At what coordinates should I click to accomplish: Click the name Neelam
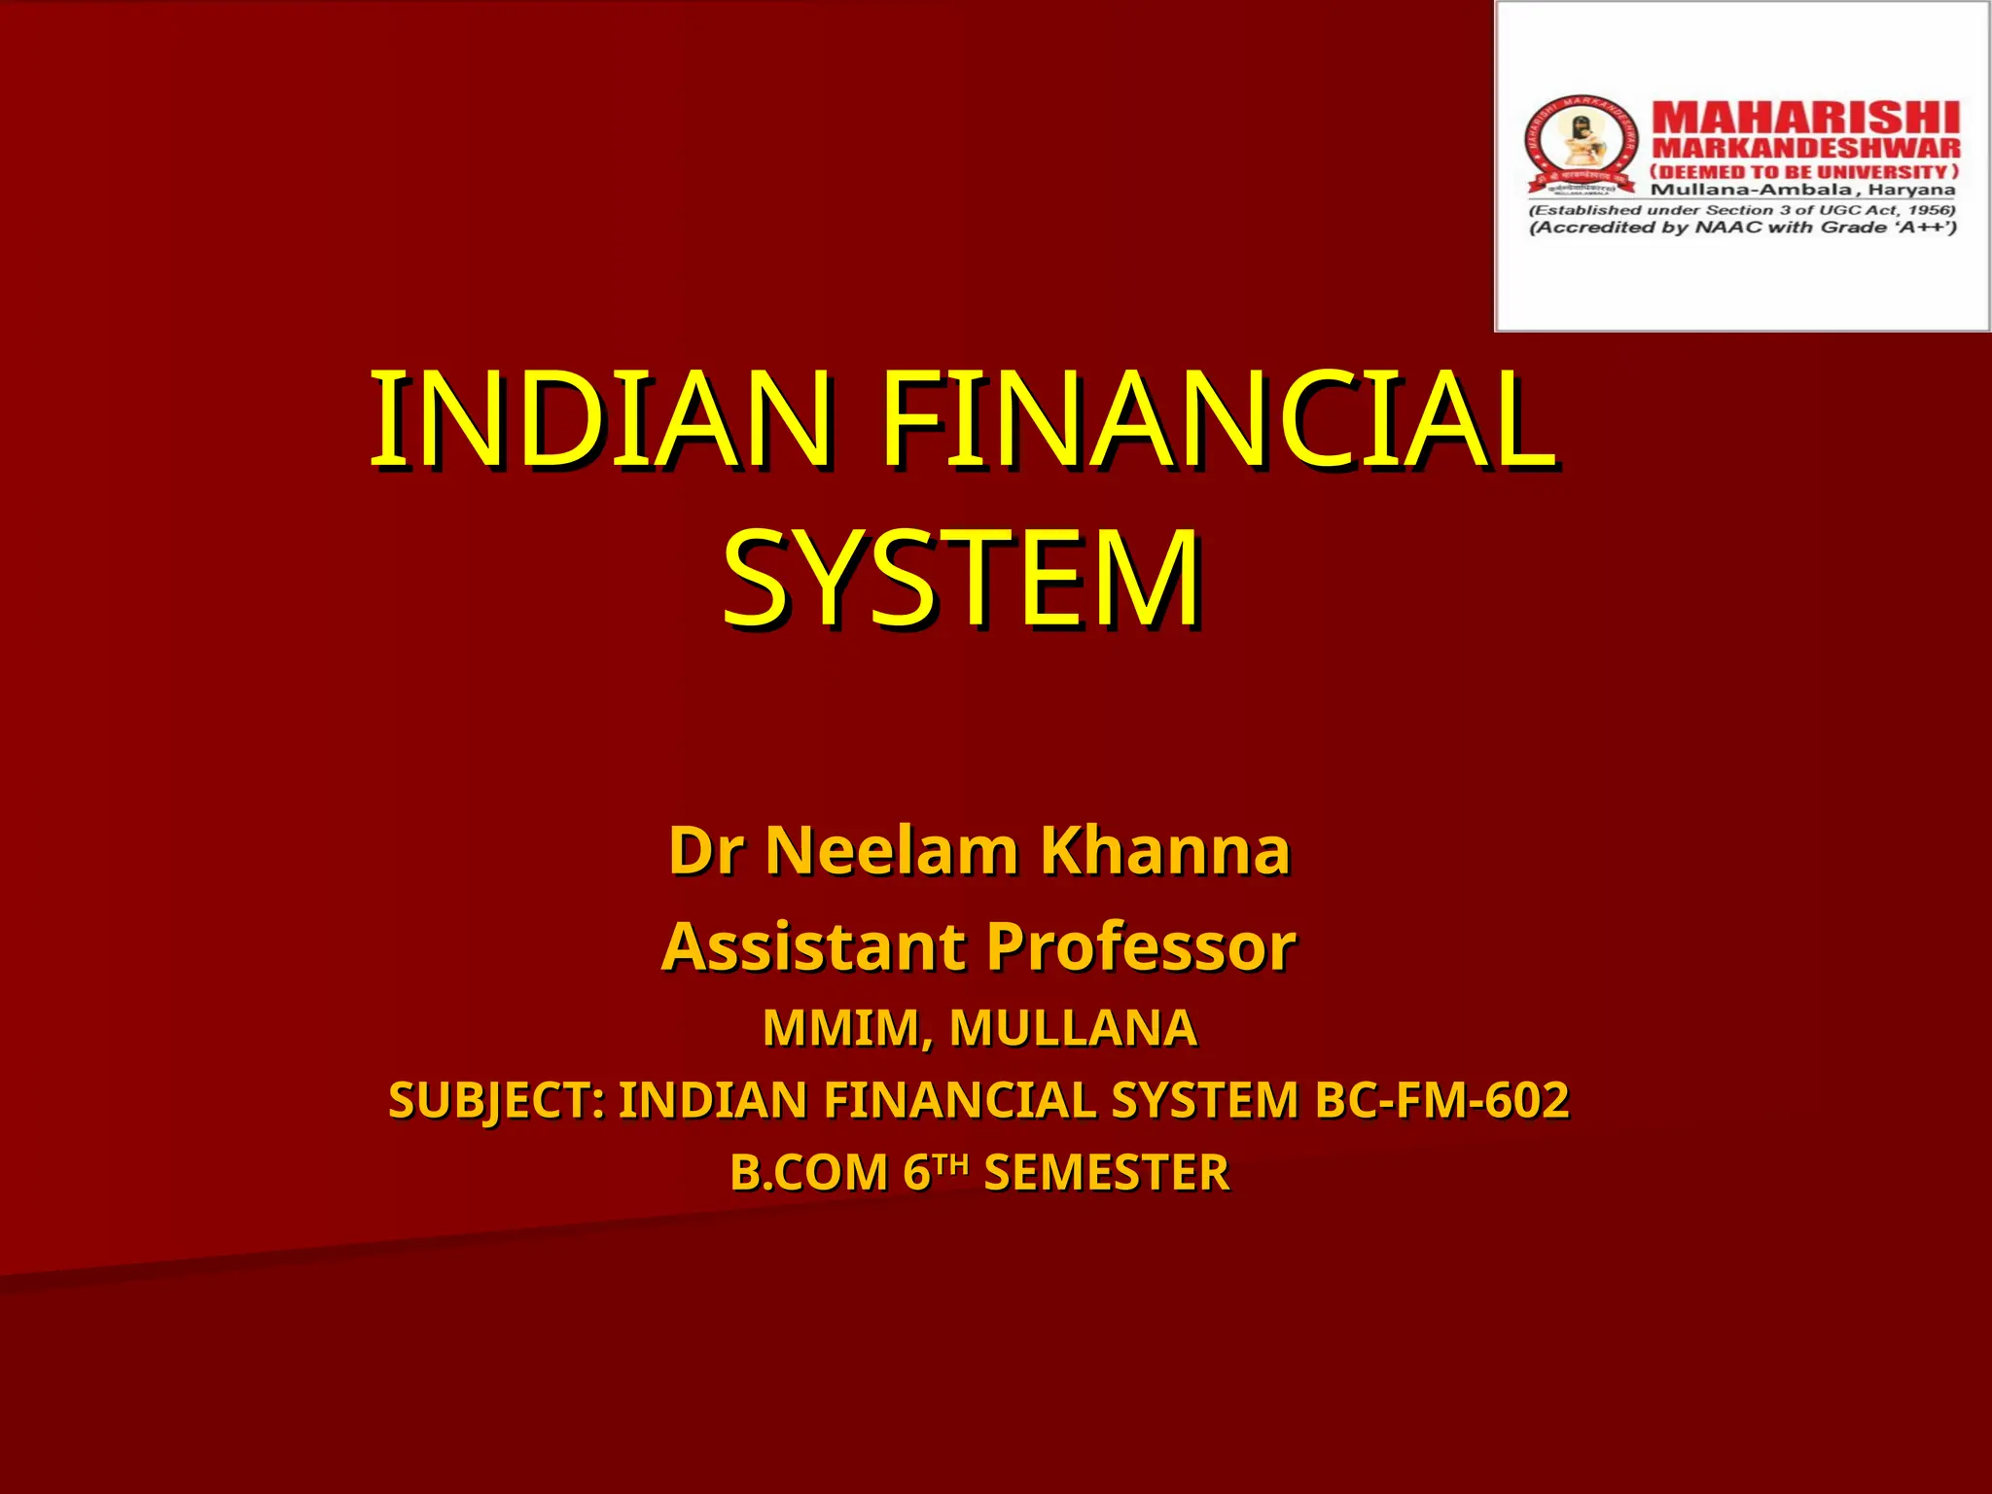(891, 851)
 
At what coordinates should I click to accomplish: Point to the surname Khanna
(1165, 851)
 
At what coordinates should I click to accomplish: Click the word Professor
(1141, 946)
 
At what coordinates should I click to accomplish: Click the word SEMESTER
(1107, 1173)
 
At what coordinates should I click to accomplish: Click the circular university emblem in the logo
(1579, 144)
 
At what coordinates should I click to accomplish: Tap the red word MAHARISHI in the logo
(1805, 119)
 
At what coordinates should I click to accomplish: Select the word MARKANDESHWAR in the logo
(1805, 149)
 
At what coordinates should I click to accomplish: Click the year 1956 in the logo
(1930, 210)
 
